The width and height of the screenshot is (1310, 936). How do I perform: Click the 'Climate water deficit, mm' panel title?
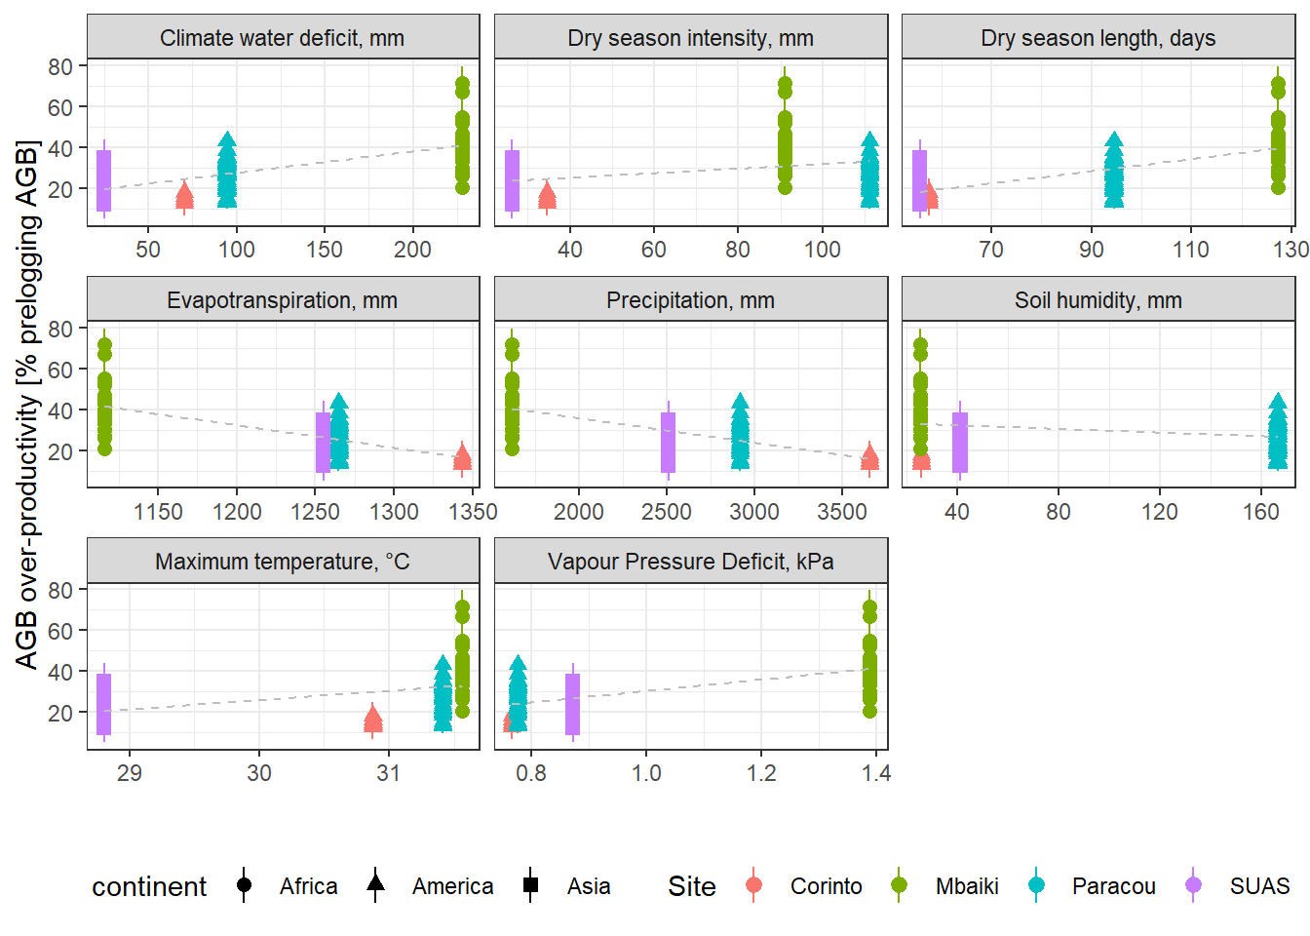pos(282,38)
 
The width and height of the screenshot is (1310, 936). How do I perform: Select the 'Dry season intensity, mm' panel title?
pos(690,38)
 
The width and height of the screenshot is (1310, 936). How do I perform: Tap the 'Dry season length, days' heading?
pos(1098,38)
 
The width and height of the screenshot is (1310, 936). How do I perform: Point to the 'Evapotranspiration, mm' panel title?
pos(282,300)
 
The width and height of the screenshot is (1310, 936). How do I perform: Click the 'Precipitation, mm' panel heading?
pos(690,300)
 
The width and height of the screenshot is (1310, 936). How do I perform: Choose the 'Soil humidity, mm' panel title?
pos(1098,300)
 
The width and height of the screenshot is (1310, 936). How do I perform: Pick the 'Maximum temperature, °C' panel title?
pos(282,562)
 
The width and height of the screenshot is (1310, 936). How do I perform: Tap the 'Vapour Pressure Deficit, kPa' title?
pos(690,562)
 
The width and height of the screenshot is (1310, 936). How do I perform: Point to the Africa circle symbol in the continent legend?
pos(244,885)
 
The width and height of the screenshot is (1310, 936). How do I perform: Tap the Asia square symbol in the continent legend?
pos(530,885)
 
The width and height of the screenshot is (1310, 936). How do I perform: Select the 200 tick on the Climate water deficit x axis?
pos(412,250)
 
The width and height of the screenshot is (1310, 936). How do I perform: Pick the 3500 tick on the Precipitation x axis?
pos(842,512)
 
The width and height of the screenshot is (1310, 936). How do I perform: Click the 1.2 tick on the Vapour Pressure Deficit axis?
pos(761,773)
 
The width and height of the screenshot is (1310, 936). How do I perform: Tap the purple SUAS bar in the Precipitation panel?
pos(668,442)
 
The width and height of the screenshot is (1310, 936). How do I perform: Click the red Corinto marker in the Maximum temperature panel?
pos(372,721)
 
